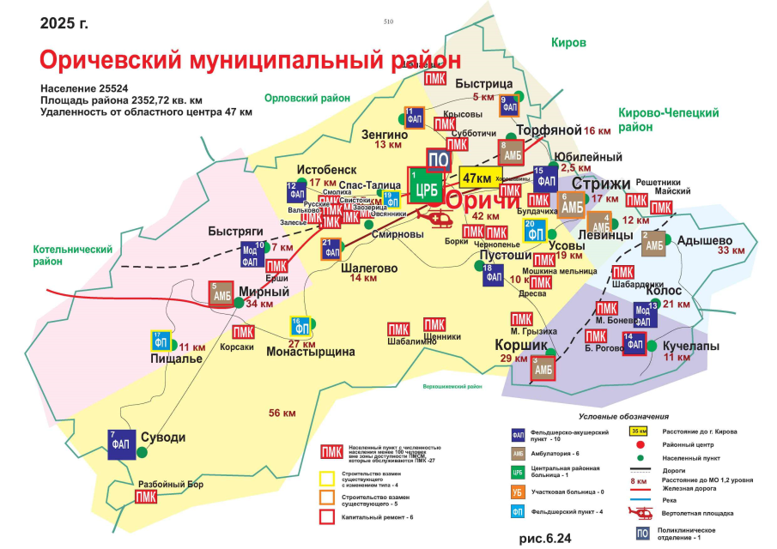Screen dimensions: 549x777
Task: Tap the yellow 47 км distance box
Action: point(477,178)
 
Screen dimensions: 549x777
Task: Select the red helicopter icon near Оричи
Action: point(440,220)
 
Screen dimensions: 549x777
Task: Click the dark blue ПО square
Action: point(439,160)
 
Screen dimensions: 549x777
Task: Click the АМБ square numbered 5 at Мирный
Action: point(222,293)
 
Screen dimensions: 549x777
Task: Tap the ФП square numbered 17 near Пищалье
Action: point(161,341)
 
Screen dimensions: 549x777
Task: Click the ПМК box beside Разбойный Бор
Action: point(147,496)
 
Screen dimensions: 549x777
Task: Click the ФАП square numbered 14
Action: point(634,342)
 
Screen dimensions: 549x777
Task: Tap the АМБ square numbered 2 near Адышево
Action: point(654,243)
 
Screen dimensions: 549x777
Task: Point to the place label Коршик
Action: point(522,344)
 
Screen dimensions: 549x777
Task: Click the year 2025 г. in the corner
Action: point(64,22)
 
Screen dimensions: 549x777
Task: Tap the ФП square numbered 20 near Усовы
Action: point(535,231)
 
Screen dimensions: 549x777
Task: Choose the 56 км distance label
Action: point(282,413)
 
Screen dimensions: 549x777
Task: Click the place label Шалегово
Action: point(370,268)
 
